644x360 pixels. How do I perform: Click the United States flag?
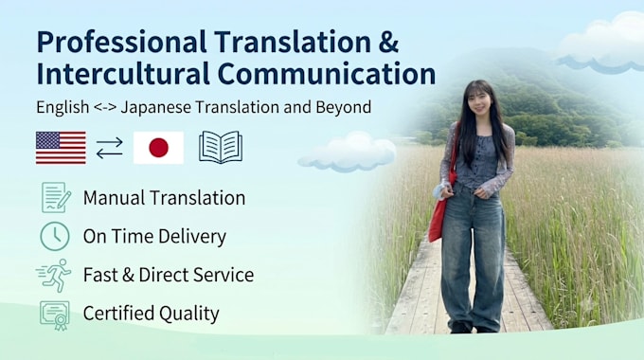tap(61, 148)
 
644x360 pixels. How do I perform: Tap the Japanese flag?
tap(158, 148)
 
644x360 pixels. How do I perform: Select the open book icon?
tap(221, 147)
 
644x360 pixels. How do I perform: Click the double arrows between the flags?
tap(109, 148)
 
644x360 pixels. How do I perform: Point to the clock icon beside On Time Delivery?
tap(55, 236)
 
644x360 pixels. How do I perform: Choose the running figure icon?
tap(54, 275)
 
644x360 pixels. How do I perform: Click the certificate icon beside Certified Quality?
tap(55, 315)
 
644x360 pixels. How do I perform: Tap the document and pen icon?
tap(56, 197)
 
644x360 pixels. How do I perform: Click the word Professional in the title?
tap(121, 43)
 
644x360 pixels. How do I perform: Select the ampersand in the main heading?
tap(388, 42)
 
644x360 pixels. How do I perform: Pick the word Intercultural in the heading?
tap(123, 74)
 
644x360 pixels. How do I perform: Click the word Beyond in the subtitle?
tap(344, 107)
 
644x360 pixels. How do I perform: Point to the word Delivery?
tap(192, 237)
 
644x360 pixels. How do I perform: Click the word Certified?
tap(118, 314)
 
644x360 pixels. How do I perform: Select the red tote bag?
tap(440, 206)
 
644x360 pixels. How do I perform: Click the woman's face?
tap(478, 101)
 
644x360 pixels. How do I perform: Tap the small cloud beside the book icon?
tap(348, 153)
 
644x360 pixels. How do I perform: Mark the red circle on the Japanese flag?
tap(158, 148)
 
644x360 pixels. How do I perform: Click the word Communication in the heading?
tap(327, 74)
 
